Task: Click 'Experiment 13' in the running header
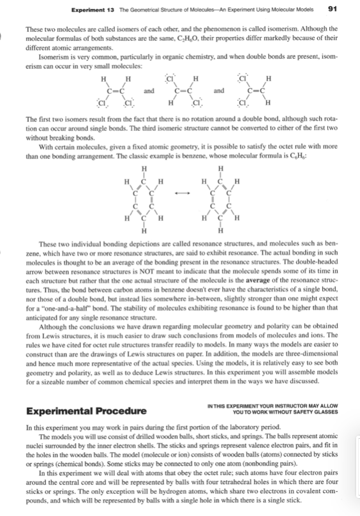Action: (x=87, y=8)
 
